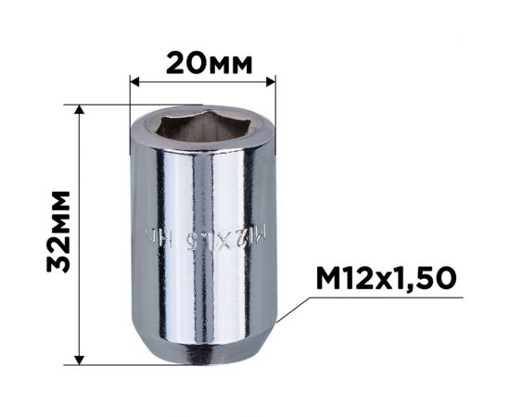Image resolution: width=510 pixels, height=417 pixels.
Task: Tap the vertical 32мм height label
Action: pyautogui.click(x=60, y=232)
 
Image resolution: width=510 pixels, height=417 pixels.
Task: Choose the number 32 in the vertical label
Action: pyautogui.click(x=60, y=255)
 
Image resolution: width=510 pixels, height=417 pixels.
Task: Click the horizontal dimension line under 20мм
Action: pyautogui.click(x=204, y=82)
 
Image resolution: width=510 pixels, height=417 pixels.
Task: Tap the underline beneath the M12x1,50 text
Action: pyautogui.click(x=388, y=297)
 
